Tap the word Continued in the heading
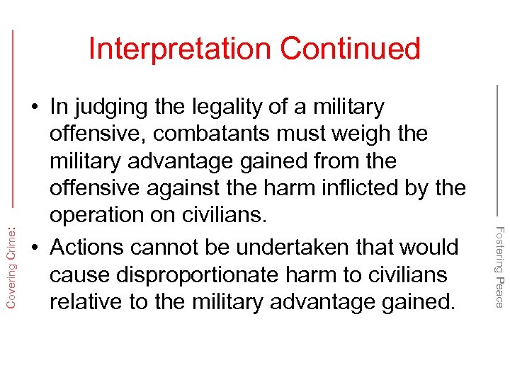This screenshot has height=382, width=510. [350, 49]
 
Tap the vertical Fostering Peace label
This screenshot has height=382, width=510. [499, 266]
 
